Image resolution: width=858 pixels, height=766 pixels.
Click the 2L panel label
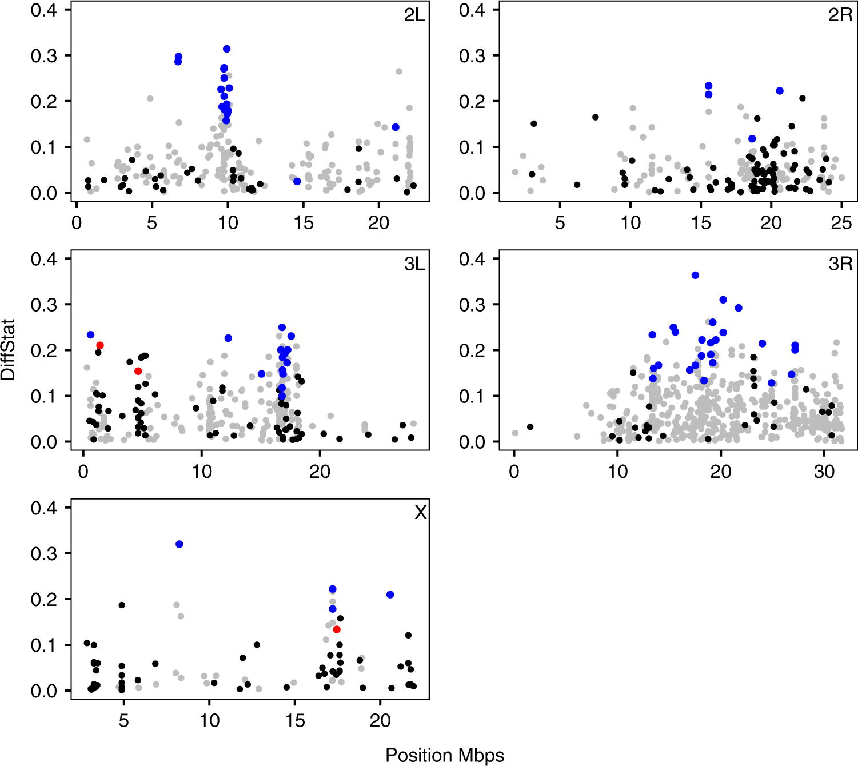click(x=414, y=15)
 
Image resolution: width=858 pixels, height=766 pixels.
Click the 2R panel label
click(x=840, y=15)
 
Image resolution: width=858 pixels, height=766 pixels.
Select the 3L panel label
click(x=414, y=264)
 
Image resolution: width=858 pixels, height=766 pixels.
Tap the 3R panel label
click(x=840, y=264)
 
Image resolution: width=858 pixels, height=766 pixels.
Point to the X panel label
click(x=420, y=513)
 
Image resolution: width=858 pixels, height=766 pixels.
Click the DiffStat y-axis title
click(x=9, y=350)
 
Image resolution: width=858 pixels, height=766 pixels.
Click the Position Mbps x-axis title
click(x=445, y=755)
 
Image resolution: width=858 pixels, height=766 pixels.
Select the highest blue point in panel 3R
click(x=695, y=275)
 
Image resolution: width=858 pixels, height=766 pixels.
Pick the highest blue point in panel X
click(x=179, y=544)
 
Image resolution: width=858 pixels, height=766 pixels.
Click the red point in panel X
click(x=337, y=629)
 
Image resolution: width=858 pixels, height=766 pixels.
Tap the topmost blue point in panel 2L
click(x=227, y=49)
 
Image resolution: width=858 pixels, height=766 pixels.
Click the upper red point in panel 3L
click(x=100, y=345)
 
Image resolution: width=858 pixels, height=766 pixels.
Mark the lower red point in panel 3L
click(x=138, y=371)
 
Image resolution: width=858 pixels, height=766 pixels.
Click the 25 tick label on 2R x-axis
click(x=841, y=222)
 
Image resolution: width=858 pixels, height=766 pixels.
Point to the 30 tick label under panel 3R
click(x=824, y=472)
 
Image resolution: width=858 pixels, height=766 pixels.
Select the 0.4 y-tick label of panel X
click(x=44, y=508)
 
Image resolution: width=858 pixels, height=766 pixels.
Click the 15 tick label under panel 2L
click(x=304, y=222)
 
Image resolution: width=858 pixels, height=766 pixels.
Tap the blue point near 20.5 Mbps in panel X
click(x=390, y=595)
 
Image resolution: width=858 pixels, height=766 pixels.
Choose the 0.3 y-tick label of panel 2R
click(x=472, y=56)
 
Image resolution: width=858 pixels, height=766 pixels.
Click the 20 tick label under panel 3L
click(x=320, y=472)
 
